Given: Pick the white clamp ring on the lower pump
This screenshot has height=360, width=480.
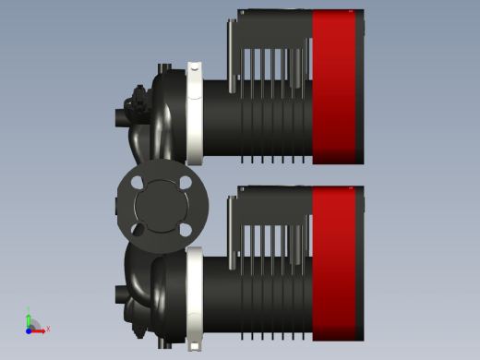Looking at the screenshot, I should tap(195, 295).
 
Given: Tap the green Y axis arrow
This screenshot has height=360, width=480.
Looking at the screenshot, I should tap(29, 317).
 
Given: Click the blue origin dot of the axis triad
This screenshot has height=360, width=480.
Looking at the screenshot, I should tap(29, 329).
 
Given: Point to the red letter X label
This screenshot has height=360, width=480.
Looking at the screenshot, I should tap(48, 329).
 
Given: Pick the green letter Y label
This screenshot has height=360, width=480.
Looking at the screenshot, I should tap(29, 309).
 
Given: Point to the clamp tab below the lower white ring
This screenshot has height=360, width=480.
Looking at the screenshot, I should tap(195, 343).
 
